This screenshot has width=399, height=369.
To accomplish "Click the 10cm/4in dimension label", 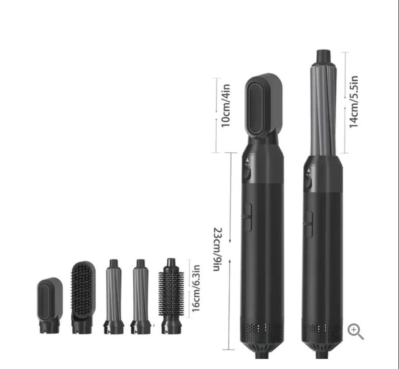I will pos(226,106).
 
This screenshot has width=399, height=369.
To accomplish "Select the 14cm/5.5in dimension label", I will pos(354,101).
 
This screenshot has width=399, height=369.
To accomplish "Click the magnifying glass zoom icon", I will pos(355,331).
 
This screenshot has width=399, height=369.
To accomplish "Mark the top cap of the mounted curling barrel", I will pos(322,57).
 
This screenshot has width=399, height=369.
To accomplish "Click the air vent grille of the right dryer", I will pos(322,332).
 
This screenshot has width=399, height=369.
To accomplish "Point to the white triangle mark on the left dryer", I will pos(247,160).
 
